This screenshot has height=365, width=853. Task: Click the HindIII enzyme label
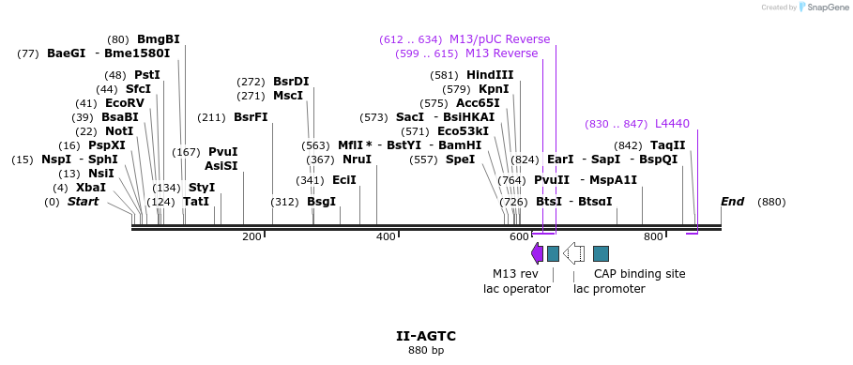[490, 75]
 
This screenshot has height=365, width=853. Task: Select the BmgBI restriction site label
[158, 39]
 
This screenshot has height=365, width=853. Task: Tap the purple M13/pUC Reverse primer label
[499, 39]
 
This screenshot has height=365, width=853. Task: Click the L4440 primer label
[672, 124]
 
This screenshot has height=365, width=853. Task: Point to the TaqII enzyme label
[667, 145]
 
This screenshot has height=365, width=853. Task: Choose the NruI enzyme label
[357, 160]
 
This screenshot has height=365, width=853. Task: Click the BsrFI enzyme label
[251, 117]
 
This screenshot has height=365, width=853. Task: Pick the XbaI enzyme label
[91, 188]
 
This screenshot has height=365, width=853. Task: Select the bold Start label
[83, 202]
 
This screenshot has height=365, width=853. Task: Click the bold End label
[732, 202]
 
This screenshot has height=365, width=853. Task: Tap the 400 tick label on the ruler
[386, 236]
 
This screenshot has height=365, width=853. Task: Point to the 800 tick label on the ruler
[653, 236]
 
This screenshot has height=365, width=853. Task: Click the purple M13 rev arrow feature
[537, 252]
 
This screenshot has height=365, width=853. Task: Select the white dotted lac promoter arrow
[573, 252]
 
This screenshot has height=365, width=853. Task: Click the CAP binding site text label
[639, 274]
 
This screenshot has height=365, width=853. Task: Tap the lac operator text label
[516, 289]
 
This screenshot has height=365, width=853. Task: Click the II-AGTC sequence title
[426, 335]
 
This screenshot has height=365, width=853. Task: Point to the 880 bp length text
[426, 350]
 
